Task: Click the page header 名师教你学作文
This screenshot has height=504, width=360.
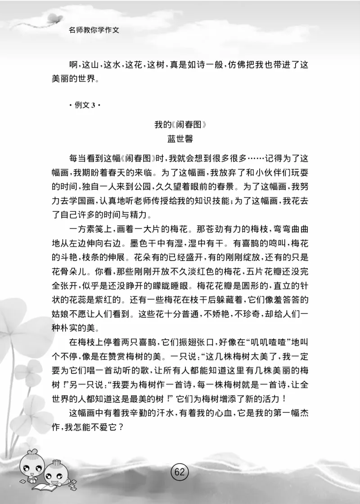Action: pyautogui.click(x=96, y=32)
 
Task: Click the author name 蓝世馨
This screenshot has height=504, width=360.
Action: pyautogui.click(x=180, y=139)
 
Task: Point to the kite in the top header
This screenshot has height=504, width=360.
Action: pyautogui.click(x=53, y=18)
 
